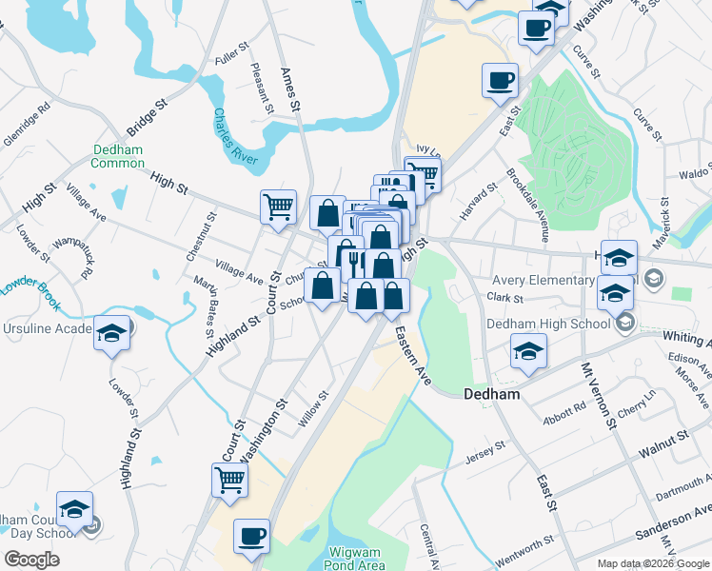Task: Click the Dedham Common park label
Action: click(118, 156)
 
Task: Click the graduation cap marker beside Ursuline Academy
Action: click(112, 333)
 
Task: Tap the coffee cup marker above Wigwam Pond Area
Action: click(252, 537)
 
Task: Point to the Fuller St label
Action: click(231, 57)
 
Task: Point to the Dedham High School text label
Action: click(548, 324)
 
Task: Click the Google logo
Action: click(31, 560)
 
